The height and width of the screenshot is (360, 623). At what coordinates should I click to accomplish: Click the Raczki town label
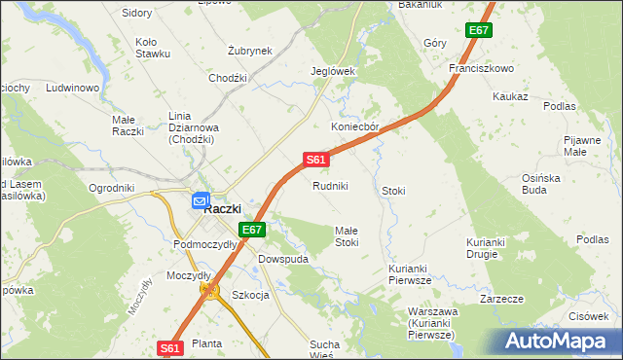pyautogui.click(x=229, y=207)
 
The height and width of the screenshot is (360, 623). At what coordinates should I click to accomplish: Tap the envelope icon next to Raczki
pyautogui.click(x=200, y=201)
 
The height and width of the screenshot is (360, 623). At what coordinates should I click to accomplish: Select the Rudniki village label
pyautogui.click(x=330, y=186)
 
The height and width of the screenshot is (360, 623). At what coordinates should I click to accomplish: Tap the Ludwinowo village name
pyautogui.click(x=74, y=89)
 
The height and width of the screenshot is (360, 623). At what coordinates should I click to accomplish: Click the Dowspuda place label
pyautogui.click(x=283, y=260)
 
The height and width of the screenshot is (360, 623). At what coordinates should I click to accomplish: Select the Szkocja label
pyautogui.click(x=250, y=295)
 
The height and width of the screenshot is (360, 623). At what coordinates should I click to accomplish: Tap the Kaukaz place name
pyautogui.click(x=510, y=97)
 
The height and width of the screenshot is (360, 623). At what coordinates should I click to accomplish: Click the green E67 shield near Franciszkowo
pyautogui.click(x=478, y=31)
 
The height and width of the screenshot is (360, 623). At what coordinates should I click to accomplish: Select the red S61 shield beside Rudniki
pyautogui.click(x=314, y=160)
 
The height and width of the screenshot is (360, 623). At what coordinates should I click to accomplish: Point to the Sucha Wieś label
pyautogui.click(x=325, y=350)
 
